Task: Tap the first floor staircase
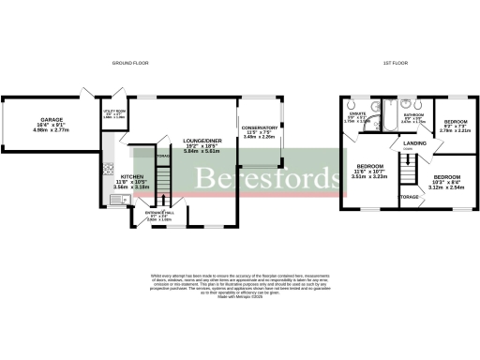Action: tap(407, 172)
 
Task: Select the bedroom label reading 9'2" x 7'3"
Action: tap(457, 125)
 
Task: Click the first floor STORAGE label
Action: tap(410, 198)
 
